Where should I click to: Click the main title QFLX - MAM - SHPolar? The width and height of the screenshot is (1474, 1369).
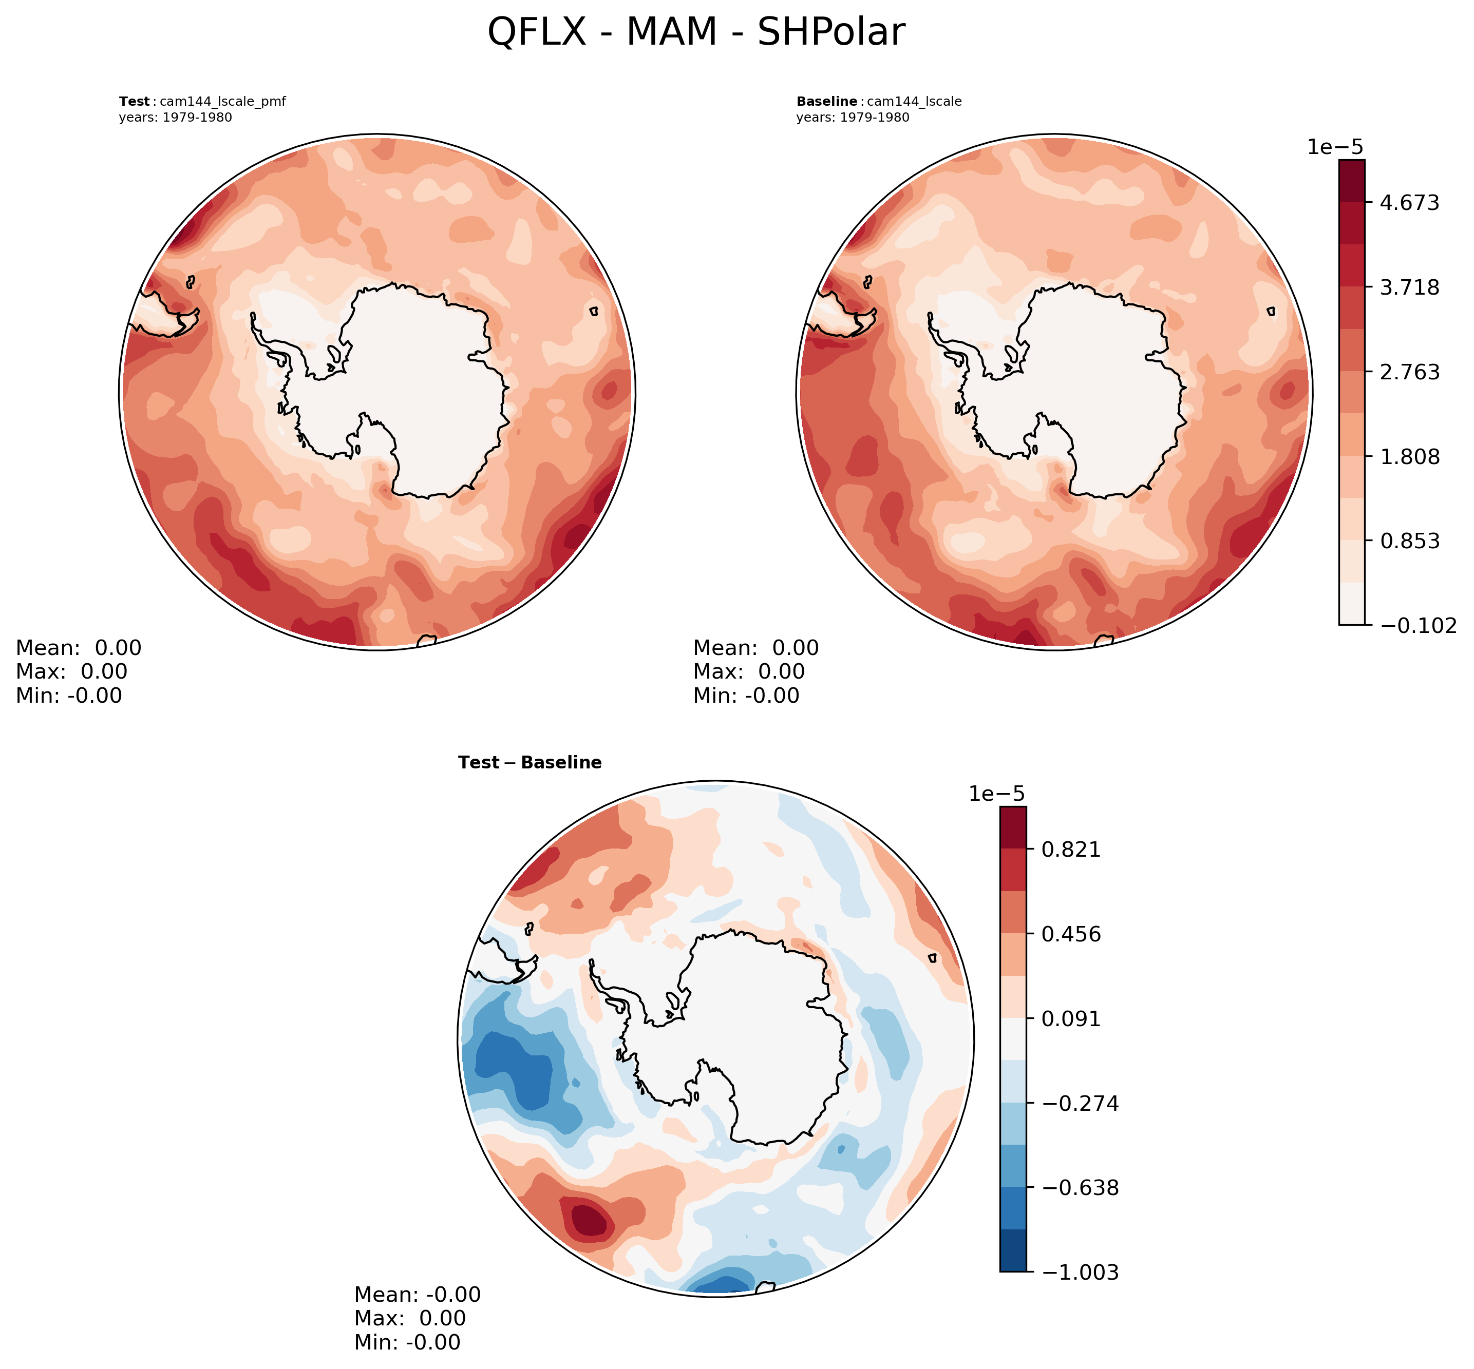tap(696, 33)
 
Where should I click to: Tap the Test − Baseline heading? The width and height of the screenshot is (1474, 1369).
tap(530, 763)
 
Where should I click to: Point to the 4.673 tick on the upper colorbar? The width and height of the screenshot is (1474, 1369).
tap(1409, 202)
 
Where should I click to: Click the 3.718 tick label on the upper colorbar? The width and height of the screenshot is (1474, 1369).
tap(1409, 287)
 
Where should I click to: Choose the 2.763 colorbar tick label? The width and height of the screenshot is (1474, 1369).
tap(1409, 371)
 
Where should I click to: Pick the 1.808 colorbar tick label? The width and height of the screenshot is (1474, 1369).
tap(1409, 456)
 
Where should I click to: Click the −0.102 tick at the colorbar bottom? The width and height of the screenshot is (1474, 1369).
tap(1417, 626)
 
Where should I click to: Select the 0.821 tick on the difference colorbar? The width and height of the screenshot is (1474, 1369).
tap(1071, 850)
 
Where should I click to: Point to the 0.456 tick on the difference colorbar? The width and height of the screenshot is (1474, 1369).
tap(1071, 934)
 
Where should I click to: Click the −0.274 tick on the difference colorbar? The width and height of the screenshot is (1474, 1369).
tap(1080, 1103)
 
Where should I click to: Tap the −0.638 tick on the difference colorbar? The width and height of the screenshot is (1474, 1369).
tap(1080, 1187)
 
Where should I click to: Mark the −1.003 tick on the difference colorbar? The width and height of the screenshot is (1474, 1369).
tap(1080, 1272)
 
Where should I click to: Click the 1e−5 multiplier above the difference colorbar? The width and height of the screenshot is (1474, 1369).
tap(997, 794)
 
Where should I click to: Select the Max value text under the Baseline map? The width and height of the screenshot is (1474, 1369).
tap(748, 672)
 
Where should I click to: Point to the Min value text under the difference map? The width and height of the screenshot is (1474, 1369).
tap(407, 1342)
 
